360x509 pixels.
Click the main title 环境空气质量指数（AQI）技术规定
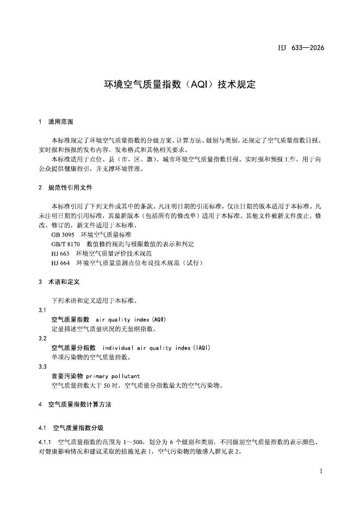pos(179,85)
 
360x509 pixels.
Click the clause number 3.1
pos(42,309)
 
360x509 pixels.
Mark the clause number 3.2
pos(42,338)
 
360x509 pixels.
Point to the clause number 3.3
pos(42,367)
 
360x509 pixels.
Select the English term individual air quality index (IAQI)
pos(156,347)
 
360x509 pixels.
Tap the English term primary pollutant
pos(113,376)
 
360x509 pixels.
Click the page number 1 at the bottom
pos(321,471)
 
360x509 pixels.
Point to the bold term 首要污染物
pos(67,376)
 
